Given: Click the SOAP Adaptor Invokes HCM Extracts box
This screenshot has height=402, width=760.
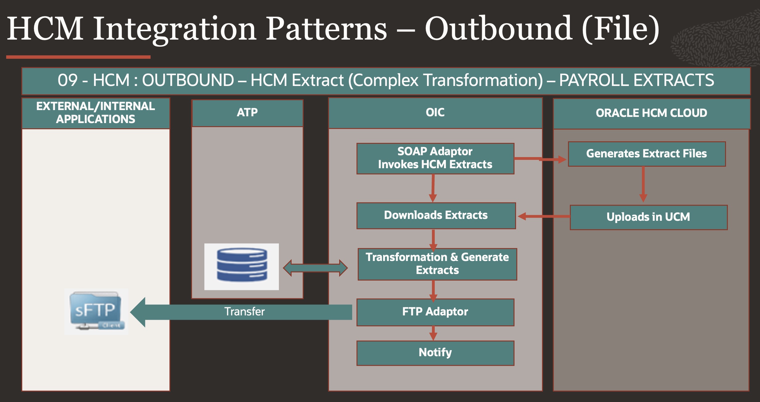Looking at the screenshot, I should (435, 158).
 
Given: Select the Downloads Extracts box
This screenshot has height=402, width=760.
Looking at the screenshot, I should (436, 216).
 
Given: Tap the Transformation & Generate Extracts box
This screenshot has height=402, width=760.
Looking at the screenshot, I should (437, 264).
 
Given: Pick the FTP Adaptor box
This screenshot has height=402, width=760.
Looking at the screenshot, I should (435, 312).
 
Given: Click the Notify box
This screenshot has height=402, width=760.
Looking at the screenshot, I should (435, 353).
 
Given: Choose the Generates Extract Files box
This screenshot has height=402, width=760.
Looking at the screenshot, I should (647, 154).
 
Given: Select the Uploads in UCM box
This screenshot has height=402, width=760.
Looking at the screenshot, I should (648, 217).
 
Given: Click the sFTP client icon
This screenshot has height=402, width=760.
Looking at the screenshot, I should (96, 311).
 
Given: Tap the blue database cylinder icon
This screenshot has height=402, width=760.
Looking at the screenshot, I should (242, 266).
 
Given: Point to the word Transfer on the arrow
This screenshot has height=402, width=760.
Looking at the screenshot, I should (244, 312).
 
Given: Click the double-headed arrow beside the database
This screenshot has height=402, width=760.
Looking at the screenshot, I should (315, 268).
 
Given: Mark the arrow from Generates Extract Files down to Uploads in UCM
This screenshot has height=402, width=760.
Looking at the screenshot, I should (643, 185).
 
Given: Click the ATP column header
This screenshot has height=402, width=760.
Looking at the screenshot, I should (247, 113).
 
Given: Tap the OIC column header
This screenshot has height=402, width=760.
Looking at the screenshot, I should (435, 113).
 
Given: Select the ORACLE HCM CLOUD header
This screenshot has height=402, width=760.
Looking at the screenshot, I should (651, 113).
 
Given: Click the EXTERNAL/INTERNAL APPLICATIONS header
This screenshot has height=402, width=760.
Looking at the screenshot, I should (96, 113).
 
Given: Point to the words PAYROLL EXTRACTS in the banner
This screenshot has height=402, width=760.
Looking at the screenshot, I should (636, 80).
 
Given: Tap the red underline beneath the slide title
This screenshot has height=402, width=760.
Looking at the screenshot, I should (78, 57).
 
